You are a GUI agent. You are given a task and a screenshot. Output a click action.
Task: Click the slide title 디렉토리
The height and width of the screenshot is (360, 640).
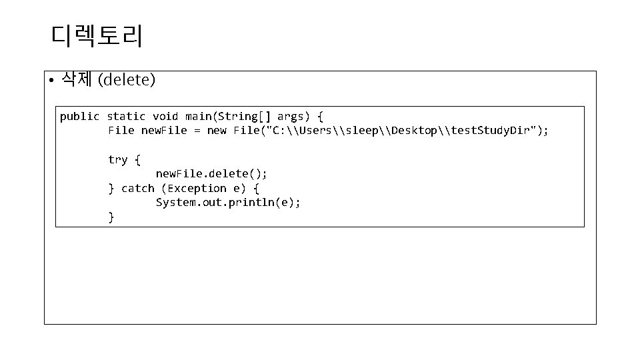click(x=96, y=36)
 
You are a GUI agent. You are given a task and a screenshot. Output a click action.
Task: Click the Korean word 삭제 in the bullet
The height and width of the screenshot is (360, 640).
click(x=77, y=81)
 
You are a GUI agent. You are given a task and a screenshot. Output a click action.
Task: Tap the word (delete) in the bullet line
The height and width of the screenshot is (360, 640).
click(x=127, y=81)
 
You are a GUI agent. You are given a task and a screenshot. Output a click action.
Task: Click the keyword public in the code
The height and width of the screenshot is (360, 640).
click(x=79, y=117)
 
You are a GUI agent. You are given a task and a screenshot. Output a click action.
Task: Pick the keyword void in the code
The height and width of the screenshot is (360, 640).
click(x=165, y=117)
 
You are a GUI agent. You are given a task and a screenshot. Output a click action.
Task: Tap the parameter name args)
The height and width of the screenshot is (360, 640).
click(x=293, y=117)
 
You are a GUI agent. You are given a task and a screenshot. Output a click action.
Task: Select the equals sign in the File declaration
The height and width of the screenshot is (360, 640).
click(x=197, y=131)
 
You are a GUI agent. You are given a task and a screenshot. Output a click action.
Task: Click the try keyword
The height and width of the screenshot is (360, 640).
click(x=117, y=159)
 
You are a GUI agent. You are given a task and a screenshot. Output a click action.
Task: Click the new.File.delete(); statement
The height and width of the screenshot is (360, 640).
click(x=211, y=174)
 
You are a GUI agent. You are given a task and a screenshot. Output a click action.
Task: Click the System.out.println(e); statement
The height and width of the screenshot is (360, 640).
click(x=228, y=203)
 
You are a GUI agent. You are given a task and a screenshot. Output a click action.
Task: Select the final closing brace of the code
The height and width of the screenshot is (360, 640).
click(x=111, y=217)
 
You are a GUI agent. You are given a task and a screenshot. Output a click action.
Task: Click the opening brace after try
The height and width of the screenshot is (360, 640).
click(x=137, y=159)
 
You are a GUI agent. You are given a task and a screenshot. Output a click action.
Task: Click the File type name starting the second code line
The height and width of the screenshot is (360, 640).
click(x=121, y=131)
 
